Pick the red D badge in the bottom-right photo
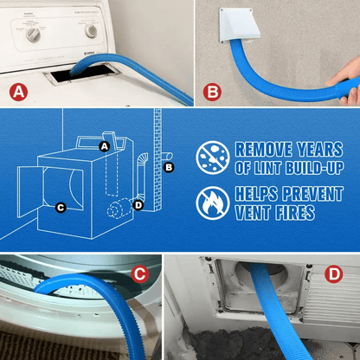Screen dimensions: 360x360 (336, 275)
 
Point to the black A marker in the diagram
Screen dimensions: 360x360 (105, 146)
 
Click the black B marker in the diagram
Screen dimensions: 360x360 (169, 166)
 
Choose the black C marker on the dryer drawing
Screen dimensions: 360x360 (60, 208)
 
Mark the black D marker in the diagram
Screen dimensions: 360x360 (138, 204)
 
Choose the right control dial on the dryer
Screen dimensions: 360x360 (90, 30)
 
